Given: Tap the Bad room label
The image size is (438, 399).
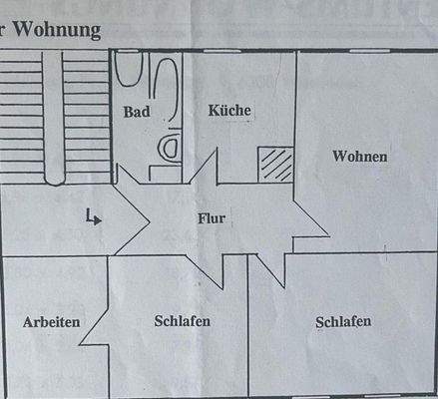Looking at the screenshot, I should click(137, 111).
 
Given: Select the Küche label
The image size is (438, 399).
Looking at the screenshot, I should click(229, 111).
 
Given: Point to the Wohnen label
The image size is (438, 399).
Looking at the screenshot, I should click(360, 157).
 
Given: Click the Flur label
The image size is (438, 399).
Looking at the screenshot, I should click(213, 216).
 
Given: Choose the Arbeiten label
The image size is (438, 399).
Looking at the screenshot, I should click(51, 322).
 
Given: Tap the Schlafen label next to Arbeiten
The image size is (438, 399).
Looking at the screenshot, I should click(183, 321).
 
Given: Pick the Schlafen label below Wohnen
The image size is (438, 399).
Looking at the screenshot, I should click(343, 321).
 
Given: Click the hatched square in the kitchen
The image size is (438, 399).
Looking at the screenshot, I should click(275, 164).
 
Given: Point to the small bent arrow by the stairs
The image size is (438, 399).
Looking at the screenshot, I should click(94, 215).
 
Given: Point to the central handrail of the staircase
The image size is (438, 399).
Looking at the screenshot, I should click(58, 120).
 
